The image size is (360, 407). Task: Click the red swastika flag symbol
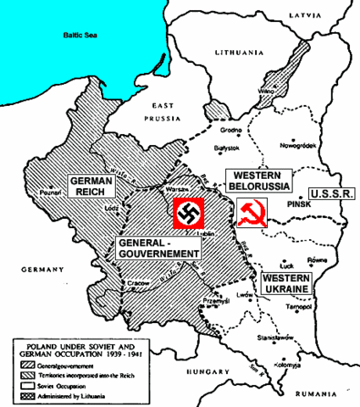tap(186, 214)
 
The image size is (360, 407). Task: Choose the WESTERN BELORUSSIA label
tap(258, 180)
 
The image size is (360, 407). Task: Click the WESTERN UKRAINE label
tap(287, 284)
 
